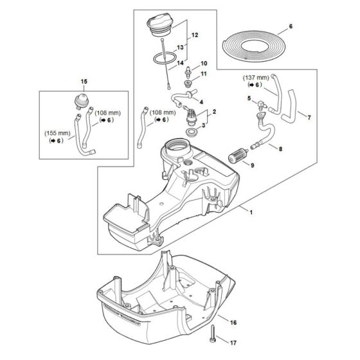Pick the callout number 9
click(251, 166)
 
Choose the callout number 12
click(195, 33)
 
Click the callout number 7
click(309, 118)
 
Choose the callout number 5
click(249, 98)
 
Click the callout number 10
click(204, 64)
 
